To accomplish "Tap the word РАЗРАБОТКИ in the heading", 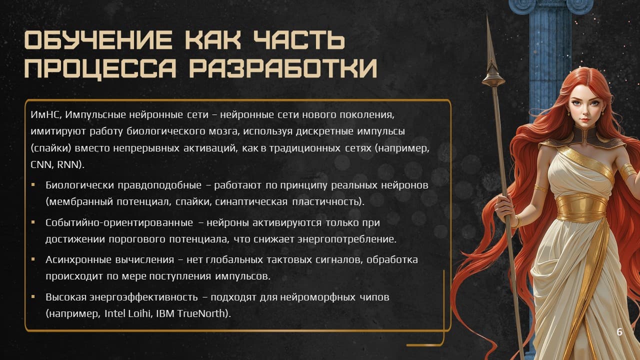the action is click(x=283, y=68).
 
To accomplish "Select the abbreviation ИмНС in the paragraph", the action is click(x=45, y=115).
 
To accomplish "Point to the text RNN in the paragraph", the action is click(x=67, y=164).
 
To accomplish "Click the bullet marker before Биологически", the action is click(x=33, y=184).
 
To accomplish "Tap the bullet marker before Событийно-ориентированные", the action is click(x=33, y=222).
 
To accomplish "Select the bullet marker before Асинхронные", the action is click(x=33, y=259).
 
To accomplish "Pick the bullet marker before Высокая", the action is click(x=33, y=296).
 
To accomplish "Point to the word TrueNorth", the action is click(x=201, y=313).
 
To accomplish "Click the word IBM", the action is click(x=165, y=313).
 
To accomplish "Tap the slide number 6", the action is click(x=619, y=331).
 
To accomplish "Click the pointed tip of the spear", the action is click(x=488, y=15).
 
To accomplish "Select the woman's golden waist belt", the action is click(x=581, y=207).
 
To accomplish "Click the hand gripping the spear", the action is click(x=504, y=205).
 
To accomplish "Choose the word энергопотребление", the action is click(x=347, y=239).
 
